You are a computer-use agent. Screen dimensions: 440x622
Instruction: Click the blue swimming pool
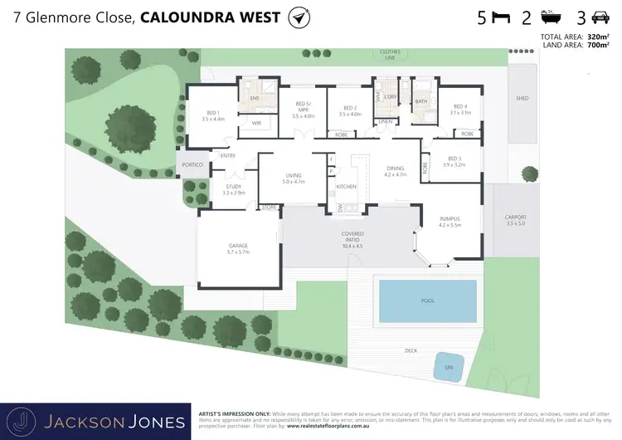click(427, 301)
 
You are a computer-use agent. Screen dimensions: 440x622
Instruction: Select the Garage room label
click(239, 247)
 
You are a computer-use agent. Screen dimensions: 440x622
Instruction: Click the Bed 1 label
click(213, 114)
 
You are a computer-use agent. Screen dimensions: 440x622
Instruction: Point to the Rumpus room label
click(449, 219)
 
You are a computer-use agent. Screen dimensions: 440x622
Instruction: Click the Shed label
click(522, 98)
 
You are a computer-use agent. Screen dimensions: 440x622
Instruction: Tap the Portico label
click(192, 165)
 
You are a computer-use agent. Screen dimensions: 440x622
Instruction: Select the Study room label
click(234, 188)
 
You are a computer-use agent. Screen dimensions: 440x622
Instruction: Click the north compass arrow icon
click(296, 17)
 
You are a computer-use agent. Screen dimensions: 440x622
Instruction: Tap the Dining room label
click(395, 169)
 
